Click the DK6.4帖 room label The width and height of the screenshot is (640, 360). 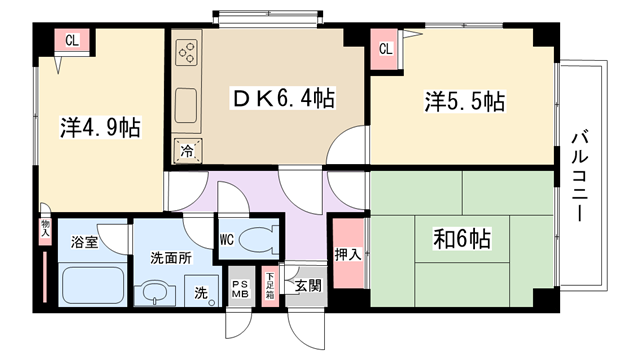click(284, 98)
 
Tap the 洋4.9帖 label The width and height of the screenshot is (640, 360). click(100, 127)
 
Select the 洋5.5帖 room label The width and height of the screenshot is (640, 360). click(464, 101)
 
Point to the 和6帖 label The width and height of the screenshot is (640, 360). click(462, 238)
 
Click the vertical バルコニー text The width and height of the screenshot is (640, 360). click(580, 176)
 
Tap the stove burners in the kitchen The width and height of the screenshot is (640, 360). click(187, 53)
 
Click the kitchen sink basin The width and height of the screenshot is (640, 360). click(186, 106)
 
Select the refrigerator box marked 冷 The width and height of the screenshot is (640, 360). click(187, 151)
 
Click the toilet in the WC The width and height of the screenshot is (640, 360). click(256, 240)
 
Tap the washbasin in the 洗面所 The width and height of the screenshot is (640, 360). click(155, 292)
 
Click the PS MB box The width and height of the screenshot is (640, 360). click(241, 287)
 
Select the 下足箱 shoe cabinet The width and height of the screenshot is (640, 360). click(270, 287)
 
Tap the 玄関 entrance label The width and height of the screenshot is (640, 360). click(308, 285)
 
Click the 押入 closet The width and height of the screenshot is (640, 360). click(348, 253)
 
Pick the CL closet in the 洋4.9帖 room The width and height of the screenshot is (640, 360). click(72, 40)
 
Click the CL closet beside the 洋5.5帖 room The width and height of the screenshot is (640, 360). click(384, 49)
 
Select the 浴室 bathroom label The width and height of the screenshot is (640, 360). click(84, 242)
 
